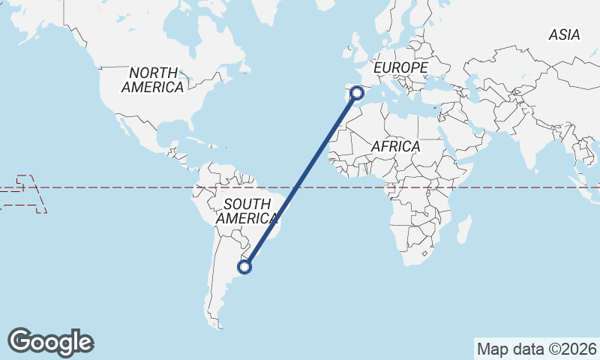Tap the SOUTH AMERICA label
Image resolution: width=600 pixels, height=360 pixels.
(x=247, y=211)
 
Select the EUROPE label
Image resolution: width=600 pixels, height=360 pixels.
(x=400, y=68)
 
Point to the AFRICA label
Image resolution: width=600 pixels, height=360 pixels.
(x=395, y=147)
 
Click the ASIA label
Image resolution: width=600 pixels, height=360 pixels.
(x=564, y=34)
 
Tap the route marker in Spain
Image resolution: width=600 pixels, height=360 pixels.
(x=357, y=93)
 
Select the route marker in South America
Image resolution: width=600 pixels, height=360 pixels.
(x=244, y=265)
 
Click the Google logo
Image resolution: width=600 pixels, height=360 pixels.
(x=50, y=342)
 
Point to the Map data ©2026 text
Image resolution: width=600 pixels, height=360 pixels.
(x=536, y=349)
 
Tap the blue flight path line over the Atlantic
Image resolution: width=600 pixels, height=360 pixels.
(x=300, y=180)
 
